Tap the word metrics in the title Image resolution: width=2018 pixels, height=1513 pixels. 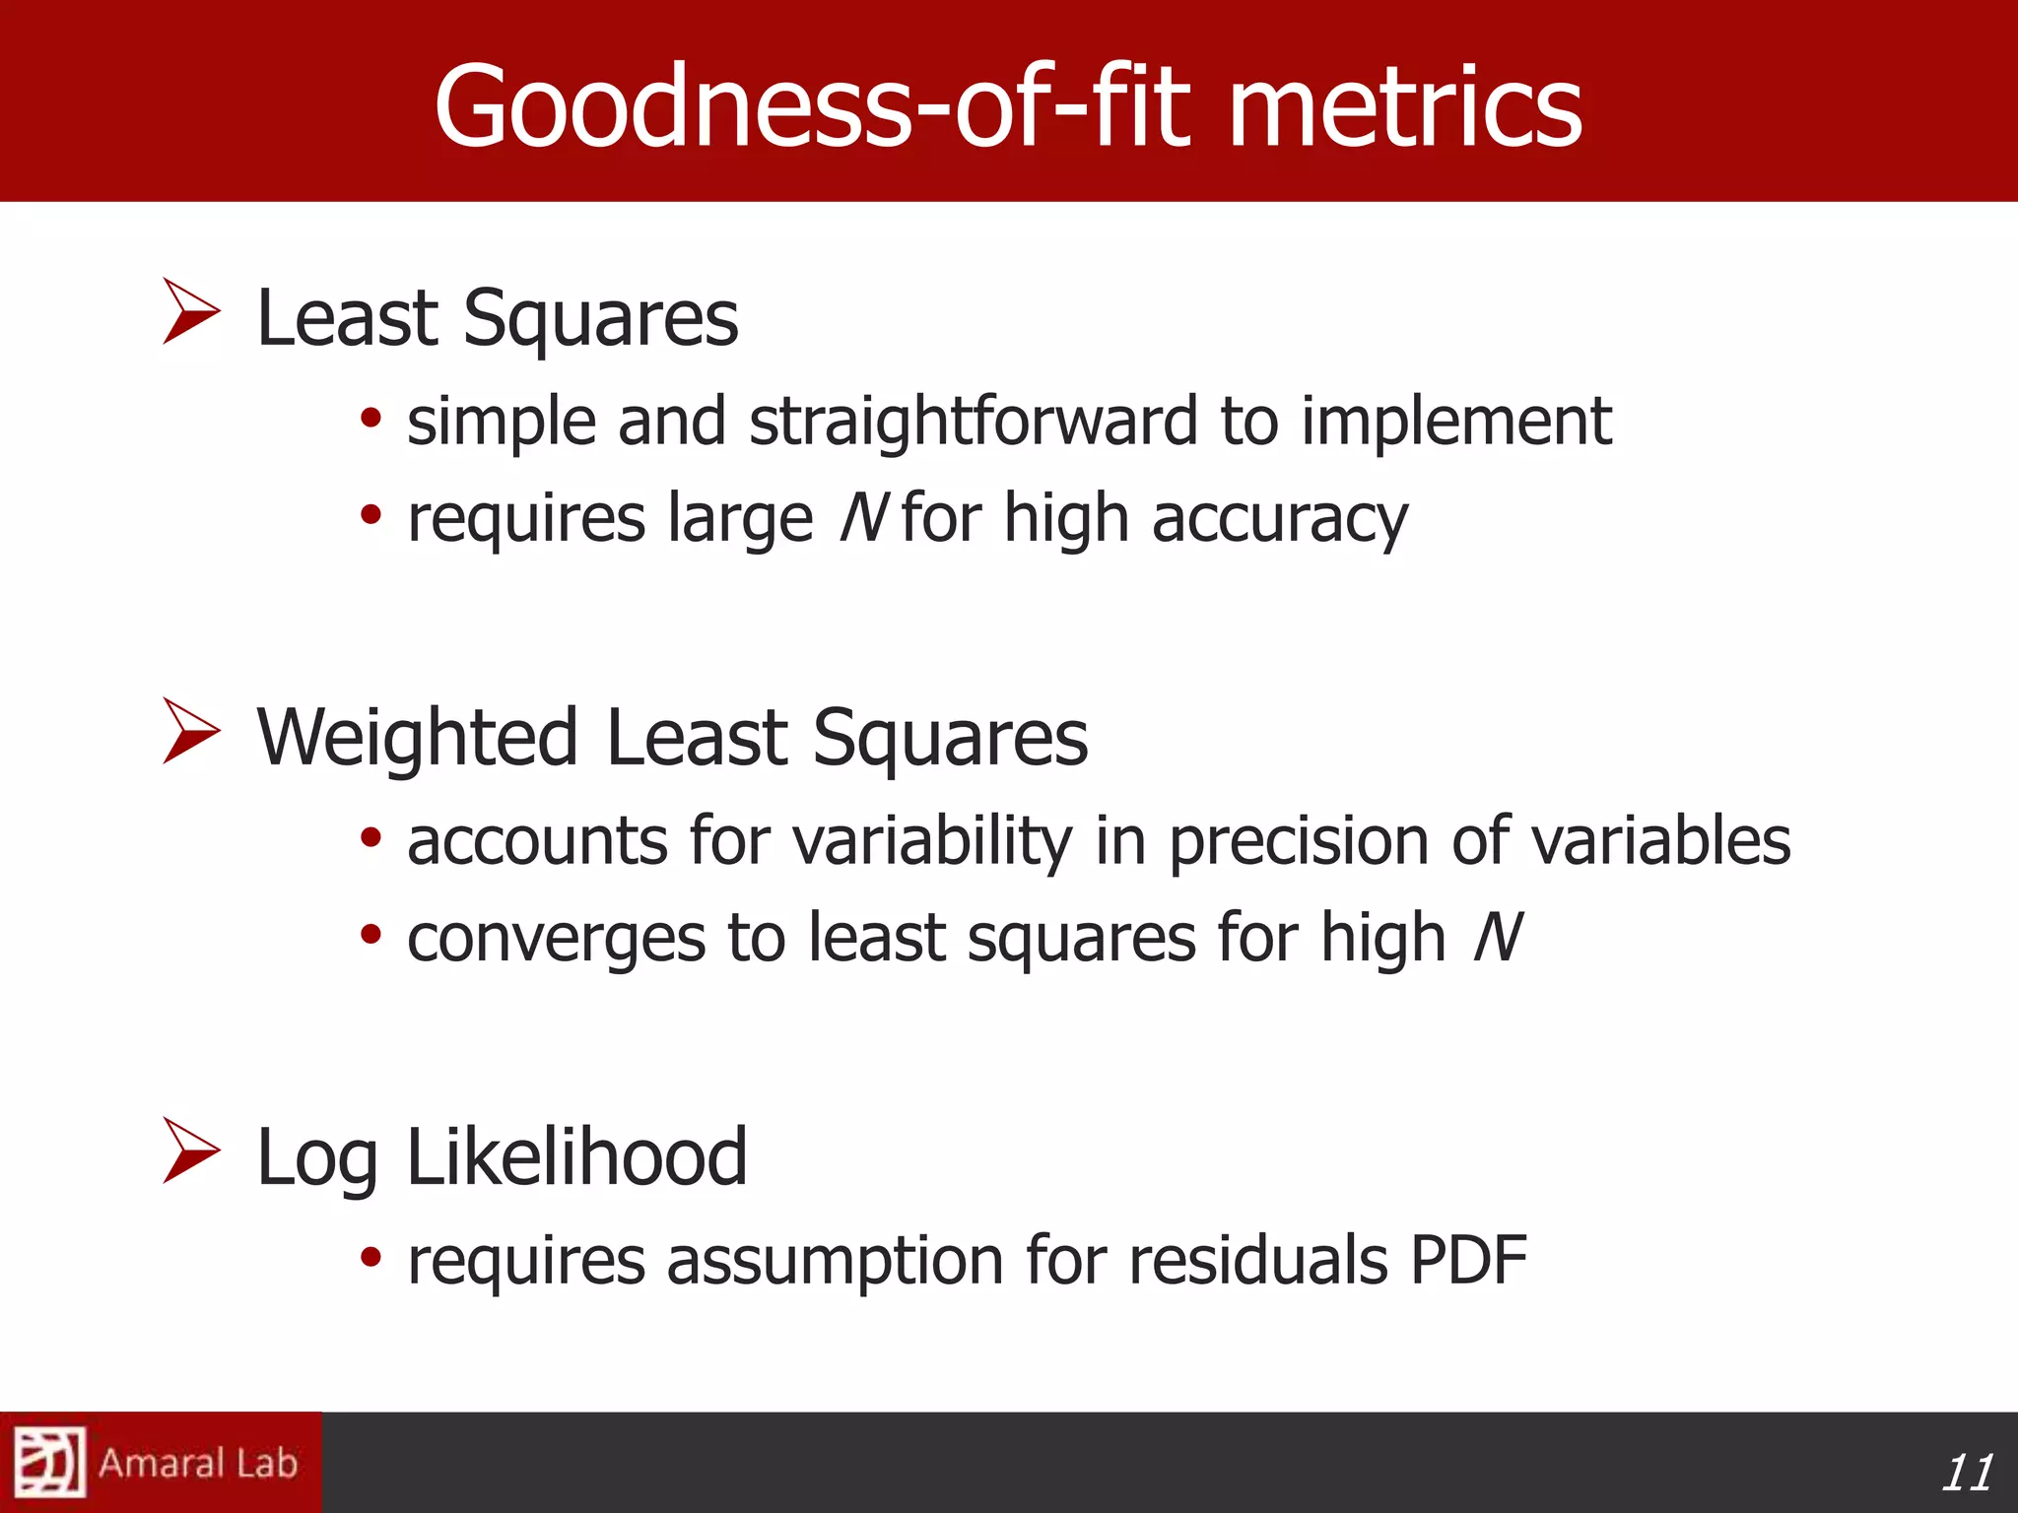click(1403, 106)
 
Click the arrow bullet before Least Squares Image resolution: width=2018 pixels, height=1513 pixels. click(190, 311)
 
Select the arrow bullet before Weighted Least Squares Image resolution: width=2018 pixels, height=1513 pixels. click(190, 731)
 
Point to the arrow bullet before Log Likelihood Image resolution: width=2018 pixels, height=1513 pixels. click(190, 1151)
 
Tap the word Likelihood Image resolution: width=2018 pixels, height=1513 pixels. click(575, 1156)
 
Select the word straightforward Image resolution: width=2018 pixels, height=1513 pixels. click(974, 422)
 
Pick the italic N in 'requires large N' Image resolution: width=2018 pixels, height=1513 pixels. click(863, 518)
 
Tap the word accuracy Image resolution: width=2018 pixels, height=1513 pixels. click(1280, 520)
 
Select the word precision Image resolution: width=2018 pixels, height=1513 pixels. click(1298, 842)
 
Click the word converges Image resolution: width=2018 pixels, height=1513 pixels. click(556, 940)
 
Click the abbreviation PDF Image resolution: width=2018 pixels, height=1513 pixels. click(1468, 1260)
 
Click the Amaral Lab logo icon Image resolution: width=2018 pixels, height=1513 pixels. click(49, 1462)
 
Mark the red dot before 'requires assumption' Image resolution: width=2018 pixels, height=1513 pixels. click(370, 1257)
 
